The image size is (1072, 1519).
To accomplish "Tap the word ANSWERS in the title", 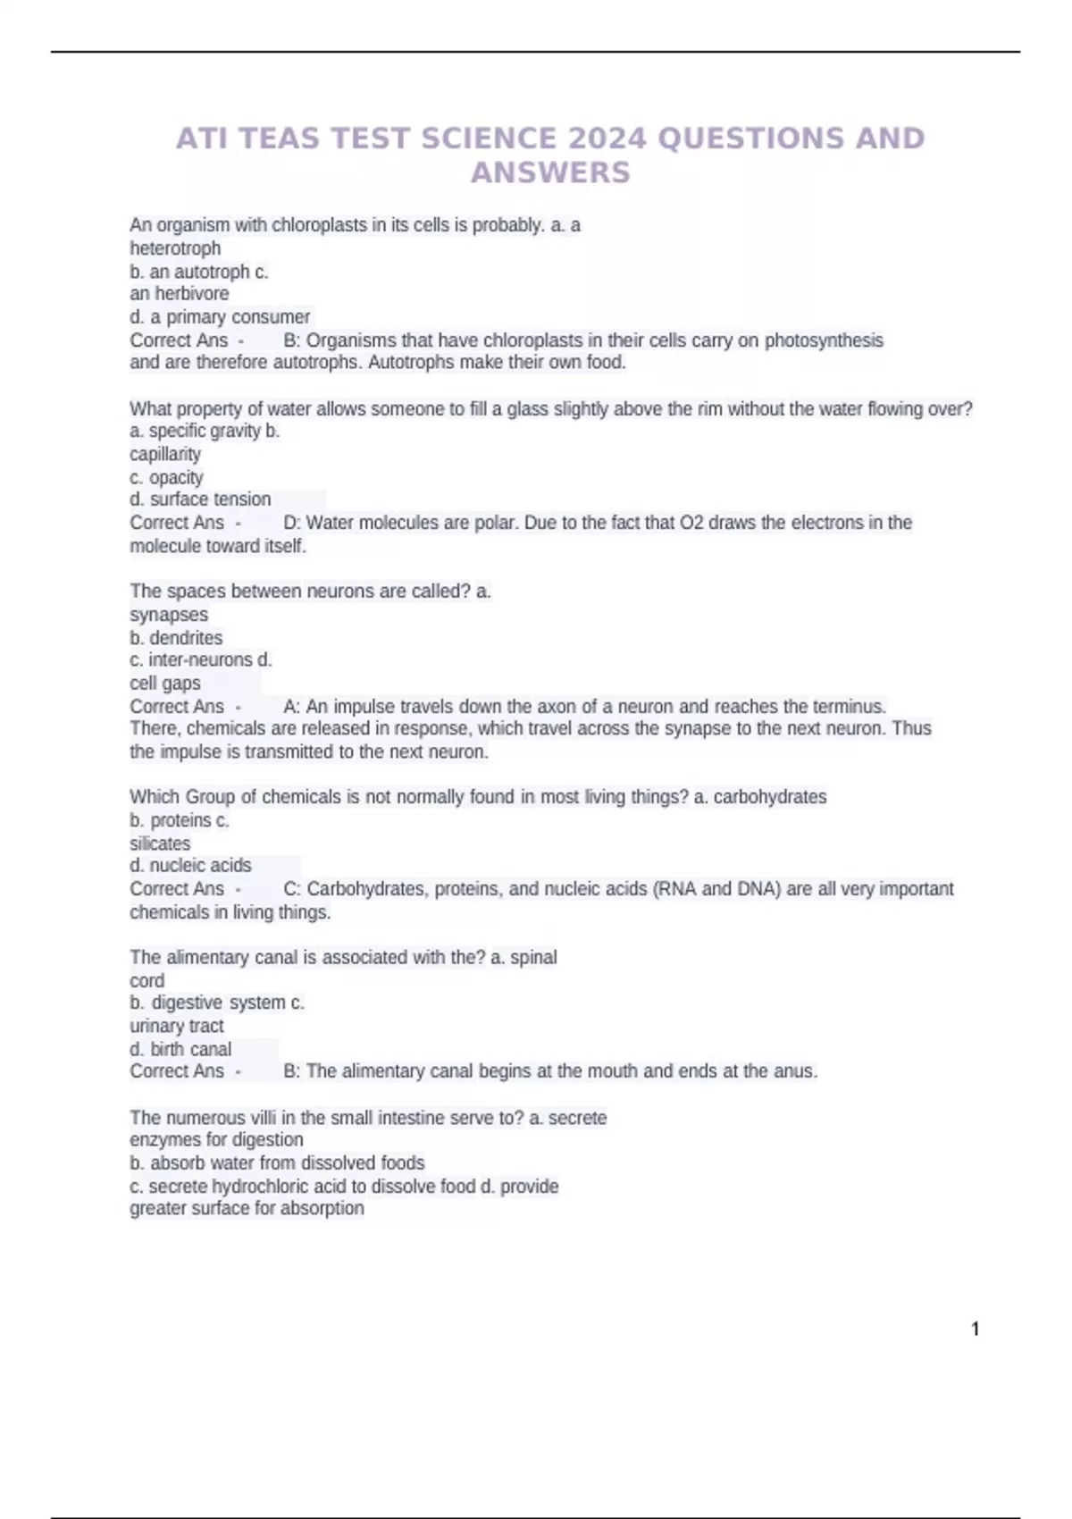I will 550,172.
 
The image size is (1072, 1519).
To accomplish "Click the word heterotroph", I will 175,248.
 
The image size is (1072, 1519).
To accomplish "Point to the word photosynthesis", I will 824,340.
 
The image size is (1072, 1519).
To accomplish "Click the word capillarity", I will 165,454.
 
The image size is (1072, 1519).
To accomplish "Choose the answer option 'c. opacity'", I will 166,477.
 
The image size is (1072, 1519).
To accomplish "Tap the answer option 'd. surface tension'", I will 200,499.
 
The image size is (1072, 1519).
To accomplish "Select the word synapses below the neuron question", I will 169,615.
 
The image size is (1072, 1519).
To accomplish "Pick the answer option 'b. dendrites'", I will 176,638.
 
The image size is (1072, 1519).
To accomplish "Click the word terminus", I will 849,707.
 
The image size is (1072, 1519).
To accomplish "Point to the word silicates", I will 160,843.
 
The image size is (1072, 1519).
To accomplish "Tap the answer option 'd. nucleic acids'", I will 190,866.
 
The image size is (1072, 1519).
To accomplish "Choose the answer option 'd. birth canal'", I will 180,1049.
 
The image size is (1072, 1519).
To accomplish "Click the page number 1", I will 976,1330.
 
